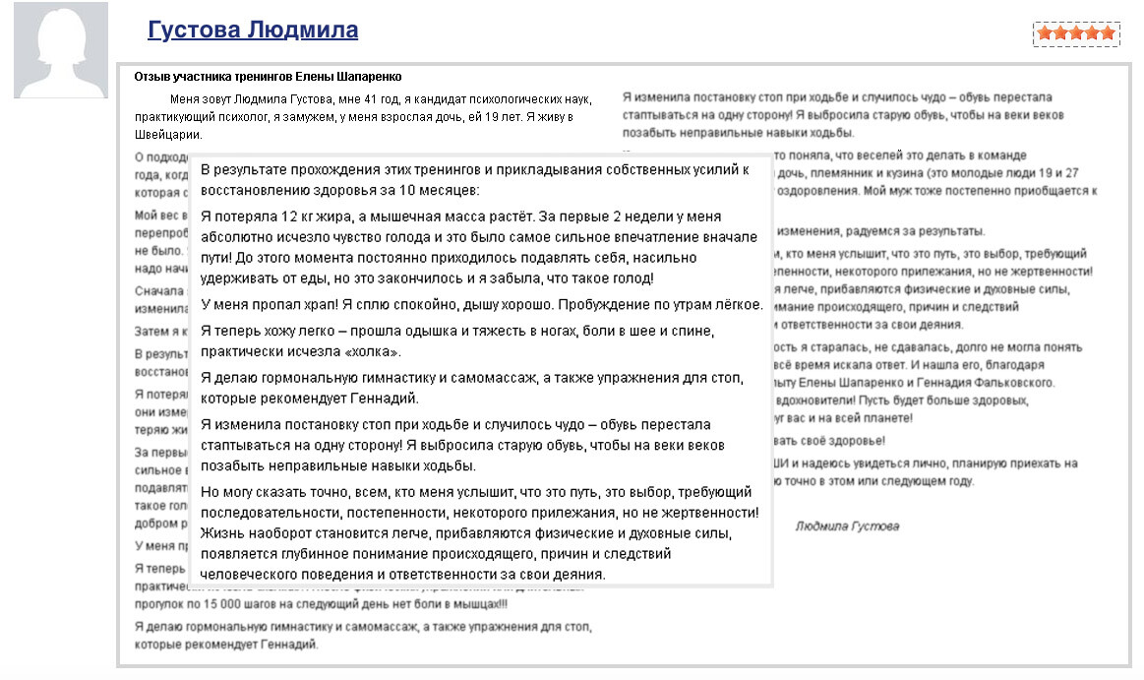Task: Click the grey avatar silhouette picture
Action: [61, 50]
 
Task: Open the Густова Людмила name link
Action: [253, 31]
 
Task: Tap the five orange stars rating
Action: [1076, 33]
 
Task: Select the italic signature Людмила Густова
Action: [846, 526]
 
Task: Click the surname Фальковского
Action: [1005, 382]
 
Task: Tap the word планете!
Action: [887, 418]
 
